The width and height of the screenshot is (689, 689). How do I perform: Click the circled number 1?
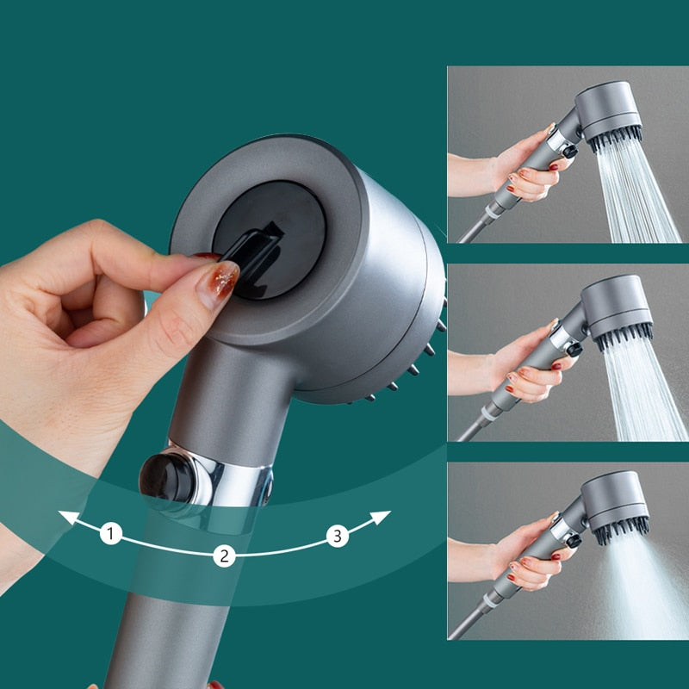pos(110,534)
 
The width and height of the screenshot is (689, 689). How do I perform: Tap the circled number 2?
pos(224,556)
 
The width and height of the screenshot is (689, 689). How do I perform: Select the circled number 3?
pos(338,536)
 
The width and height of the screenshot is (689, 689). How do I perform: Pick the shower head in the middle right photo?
pos(616,306)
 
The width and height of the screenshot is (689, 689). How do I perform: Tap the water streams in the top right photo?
pos(642,194)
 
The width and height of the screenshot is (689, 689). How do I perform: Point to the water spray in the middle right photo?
pos(642,388)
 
